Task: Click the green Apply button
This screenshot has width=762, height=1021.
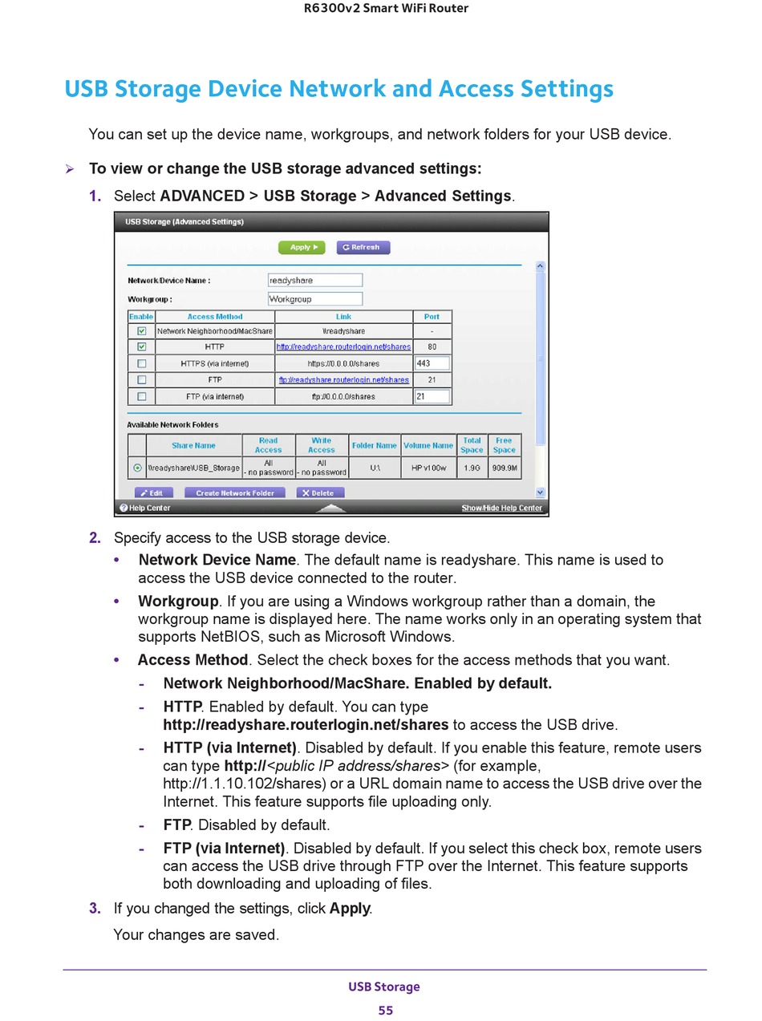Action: click(x=301, y=247)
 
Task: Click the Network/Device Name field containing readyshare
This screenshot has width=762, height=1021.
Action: click(x=315, y=280)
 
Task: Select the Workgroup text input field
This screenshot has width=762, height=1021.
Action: click(x=315, y=298)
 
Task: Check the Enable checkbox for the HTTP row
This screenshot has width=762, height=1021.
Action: click(x=142, y=346)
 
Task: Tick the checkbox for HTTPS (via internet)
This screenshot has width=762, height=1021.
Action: click(x=142, y=363)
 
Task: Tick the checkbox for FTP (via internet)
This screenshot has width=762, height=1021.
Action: click(x=142, y=396)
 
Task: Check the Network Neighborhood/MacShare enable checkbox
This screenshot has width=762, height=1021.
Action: click(x=142, y=330)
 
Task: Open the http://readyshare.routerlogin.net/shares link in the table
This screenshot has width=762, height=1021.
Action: click(x=343, y=346)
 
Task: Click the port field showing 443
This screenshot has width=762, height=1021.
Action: click(x=432, y=363)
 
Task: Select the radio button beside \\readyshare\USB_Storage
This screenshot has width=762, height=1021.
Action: click(x=137, y=468)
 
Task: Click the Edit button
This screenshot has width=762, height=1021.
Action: click(x=153, y=492)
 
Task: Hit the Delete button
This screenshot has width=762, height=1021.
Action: click(x=321, y=492)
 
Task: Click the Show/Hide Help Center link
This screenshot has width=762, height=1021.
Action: click(x=501, y=508)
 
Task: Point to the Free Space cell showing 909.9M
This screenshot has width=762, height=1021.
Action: click(x=505, y=468)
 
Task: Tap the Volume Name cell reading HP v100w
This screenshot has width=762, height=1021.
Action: click(x=428, y=468)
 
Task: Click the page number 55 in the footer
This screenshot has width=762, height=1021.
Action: click(x=385, y=1010)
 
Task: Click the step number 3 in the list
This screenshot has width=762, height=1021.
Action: click(x=95, y=908)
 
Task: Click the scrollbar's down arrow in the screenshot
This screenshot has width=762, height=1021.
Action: click(x=540, y=492)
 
